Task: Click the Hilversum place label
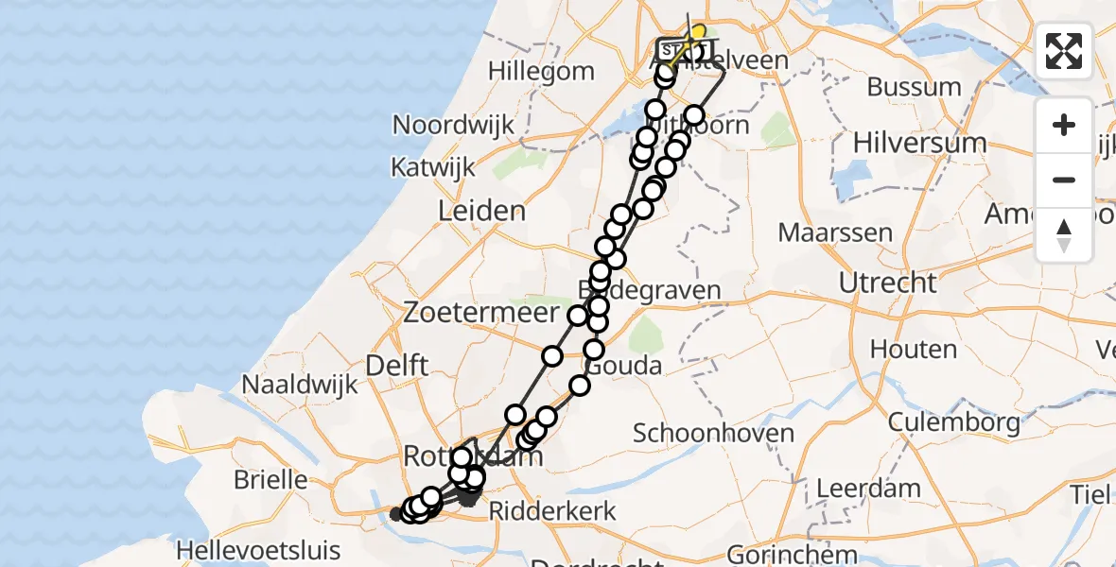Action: [x=919, y=143]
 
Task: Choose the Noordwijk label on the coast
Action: [x=453, y=125]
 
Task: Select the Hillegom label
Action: [x=542, y=71]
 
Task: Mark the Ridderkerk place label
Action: [x=554, y=511]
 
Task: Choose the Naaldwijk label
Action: [x=301, y=384]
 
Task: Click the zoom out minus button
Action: [x=1064, y=180]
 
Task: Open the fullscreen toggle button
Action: [x=1064, y=51]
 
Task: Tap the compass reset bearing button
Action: [x=1064, y=235]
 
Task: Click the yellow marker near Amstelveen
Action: [x=698, y=33]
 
